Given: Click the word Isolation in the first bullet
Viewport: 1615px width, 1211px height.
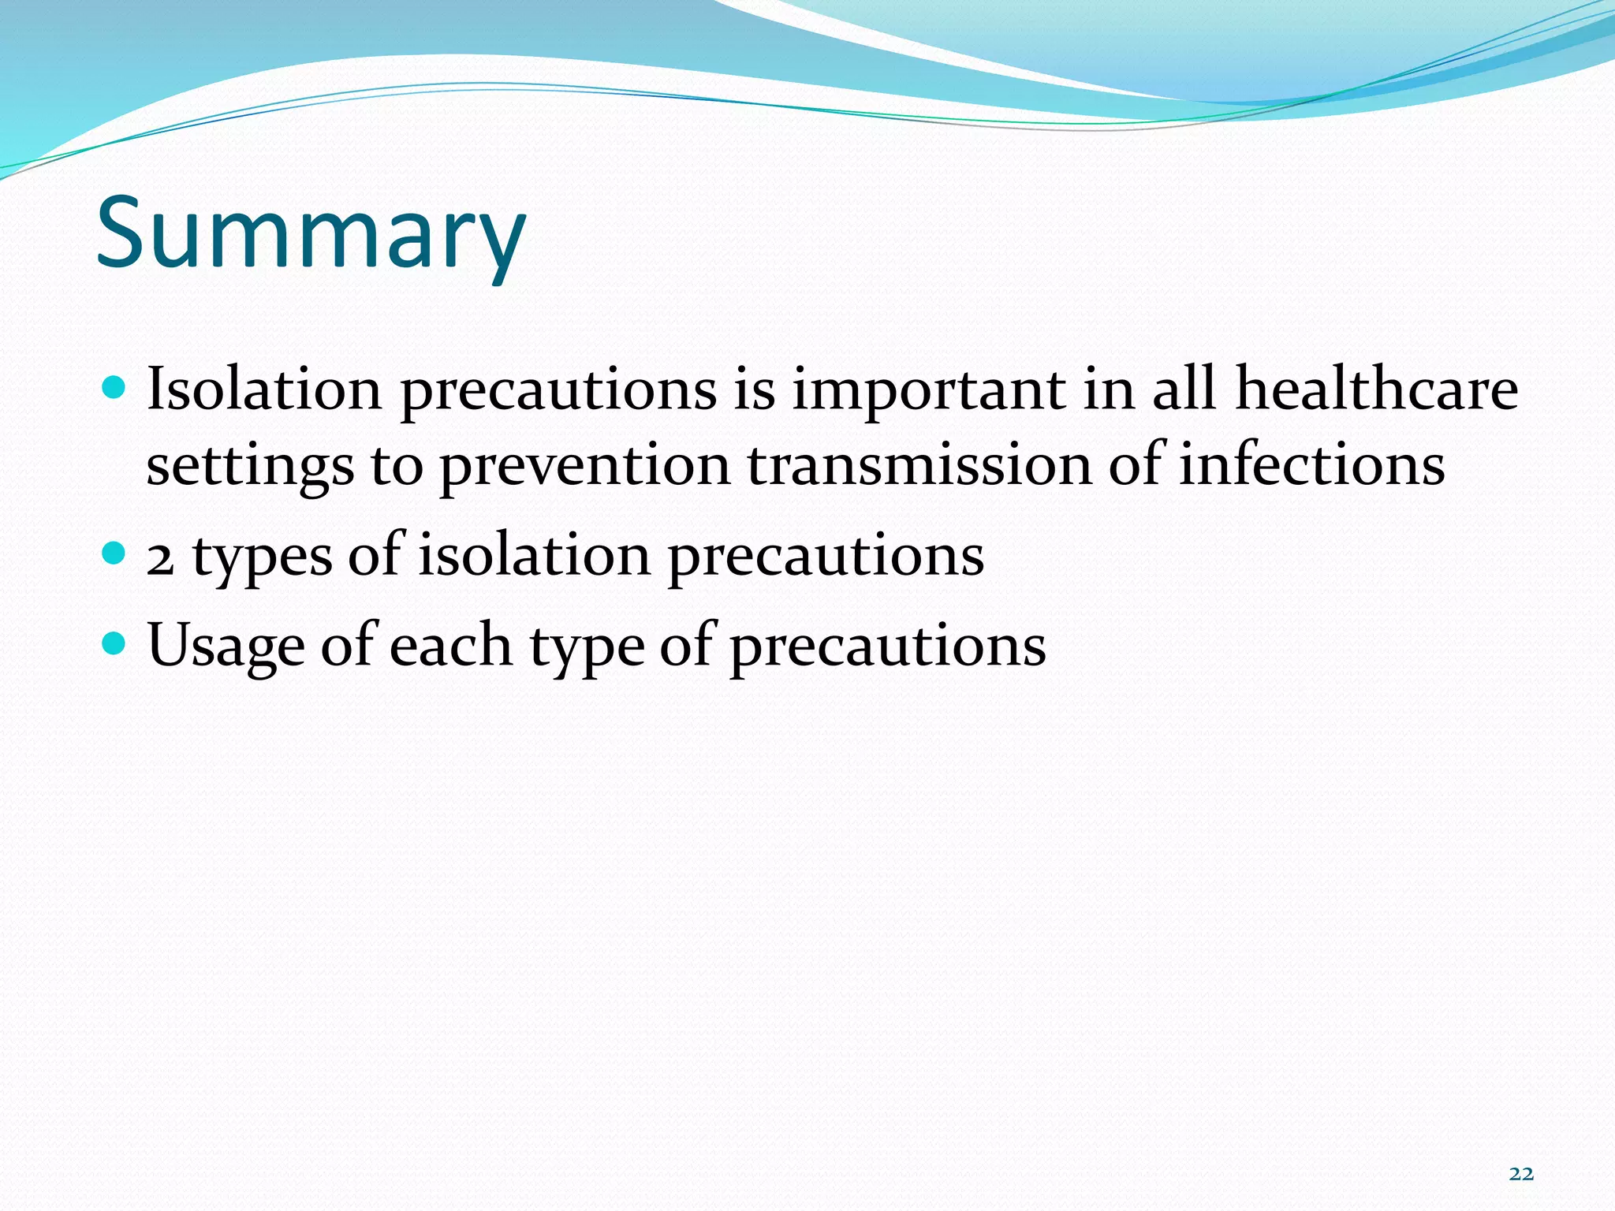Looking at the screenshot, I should tap(264, 389).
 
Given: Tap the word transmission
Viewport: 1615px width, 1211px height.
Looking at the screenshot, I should tap(919, 465).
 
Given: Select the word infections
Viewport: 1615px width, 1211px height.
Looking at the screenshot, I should tap(1311, 465).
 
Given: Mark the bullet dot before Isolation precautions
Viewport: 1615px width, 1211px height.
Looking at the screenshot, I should tap(114, 387).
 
